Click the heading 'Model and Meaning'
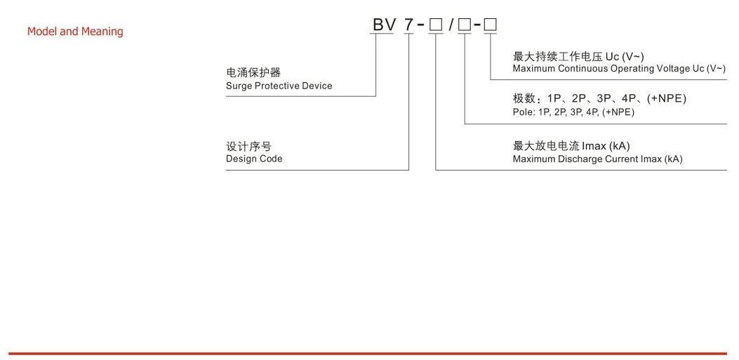click(75, 32)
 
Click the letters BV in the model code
click(385, 25)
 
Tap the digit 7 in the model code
click(408, 25)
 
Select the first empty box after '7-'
click(436, 25)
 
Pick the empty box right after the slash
click(464, 25)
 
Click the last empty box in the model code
click(490, 25)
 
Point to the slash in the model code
click(450, 25)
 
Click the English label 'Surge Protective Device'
click(279, 86)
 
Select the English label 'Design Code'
click(254, 159)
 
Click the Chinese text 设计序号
click(248, 146)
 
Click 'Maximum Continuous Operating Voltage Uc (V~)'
click(619, 69)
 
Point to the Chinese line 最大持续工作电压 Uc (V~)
click(578, 56)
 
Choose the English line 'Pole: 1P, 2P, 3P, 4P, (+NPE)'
click(573, 112)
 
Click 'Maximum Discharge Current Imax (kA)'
click(597, 159)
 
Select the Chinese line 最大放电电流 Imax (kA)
click(571, 146)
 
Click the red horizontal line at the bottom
click(368, 354)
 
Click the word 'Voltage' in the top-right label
click(673, 69)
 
